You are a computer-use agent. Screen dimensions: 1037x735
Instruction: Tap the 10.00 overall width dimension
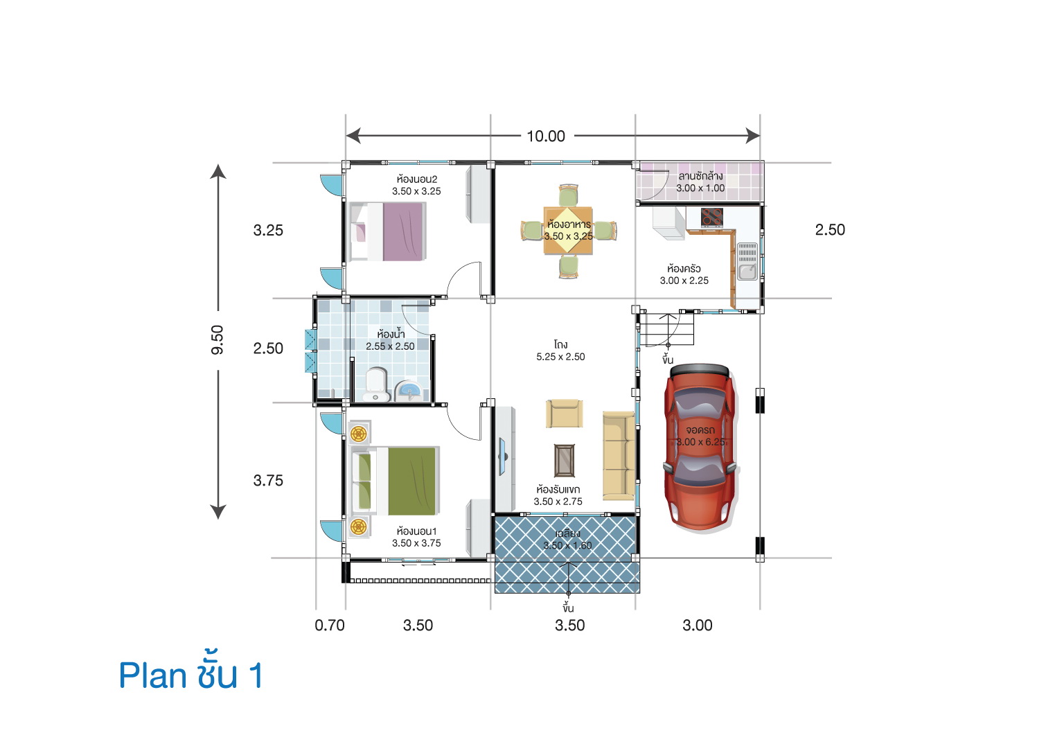(546, 136)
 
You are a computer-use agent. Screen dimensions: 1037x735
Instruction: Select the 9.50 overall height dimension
(217, 340)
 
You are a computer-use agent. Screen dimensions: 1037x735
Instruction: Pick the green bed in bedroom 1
(396, 481)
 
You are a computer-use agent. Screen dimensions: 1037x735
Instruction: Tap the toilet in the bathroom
(375, 384)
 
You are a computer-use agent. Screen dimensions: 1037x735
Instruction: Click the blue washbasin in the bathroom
(409, 391)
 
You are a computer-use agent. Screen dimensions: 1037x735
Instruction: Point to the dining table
(567, 231)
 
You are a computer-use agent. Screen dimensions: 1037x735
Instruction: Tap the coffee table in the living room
(565, 460)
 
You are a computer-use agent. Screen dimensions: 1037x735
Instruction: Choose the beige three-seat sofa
(619, 456)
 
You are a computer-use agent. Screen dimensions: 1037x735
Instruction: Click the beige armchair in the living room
(564, 414)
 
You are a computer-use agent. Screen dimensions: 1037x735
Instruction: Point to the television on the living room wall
(503, 457)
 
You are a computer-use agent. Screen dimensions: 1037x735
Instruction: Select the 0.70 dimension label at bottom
(330, 626)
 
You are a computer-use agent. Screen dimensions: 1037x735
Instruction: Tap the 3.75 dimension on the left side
(268, 481)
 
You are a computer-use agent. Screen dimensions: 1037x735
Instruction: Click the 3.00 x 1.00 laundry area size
(700, 188)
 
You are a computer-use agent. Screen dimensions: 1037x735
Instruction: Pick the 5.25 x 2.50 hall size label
(560, 356)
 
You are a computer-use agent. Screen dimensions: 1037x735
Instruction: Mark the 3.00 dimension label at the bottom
(697, 626)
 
